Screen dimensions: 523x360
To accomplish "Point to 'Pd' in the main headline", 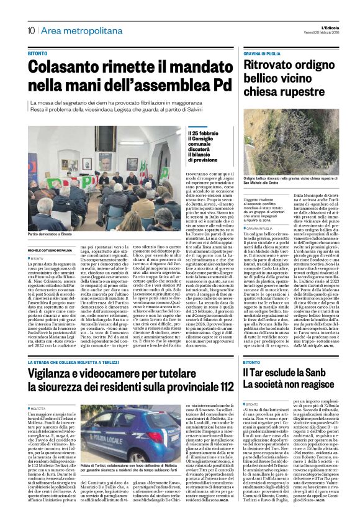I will tap(209, 83).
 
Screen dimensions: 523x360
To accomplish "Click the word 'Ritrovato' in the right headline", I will tap(265, 65).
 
